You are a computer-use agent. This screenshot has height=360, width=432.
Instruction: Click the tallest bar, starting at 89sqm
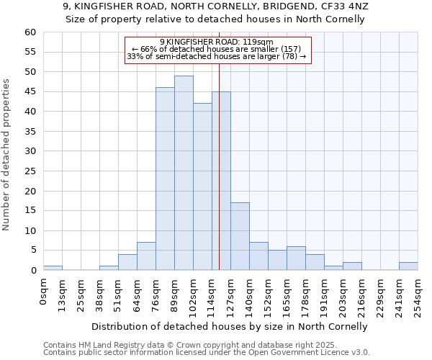click(x=184, y=173)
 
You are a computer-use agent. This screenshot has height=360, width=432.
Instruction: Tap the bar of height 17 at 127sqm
click(x=240, y=236)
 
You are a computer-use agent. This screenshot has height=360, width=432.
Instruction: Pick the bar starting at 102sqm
click(x=202, y=186)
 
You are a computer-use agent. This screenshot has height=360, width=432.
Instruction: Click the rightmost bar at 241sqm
click(x=408, y=266)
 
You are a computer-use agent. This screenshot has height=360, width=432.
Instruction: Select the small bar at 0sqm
click(x=53, y=268)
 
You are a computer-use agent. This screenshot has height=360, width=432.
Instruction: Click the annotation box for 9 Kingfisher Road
click(x=217, y=50)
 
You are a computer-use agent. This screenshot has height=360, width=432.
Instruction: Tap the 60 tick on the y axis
click(x=30, y=32)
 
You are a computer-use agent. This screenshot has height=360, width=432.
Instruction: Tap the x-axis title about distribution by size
click(x=230, y=326)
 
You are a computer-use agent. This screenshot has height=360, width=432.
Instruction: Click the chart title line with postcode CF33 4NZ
click(x=215, y=6)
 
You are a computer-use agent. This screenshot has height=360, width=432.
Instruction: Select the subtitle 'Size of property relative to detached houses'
click(x=215, y=19)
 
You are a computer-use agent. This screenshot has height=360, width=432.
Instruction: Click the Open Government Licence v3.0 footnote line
click(x=207, y=353)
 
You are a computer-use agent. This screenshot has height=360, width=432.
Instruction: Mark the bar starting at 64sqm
click(x=146, y=256)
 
